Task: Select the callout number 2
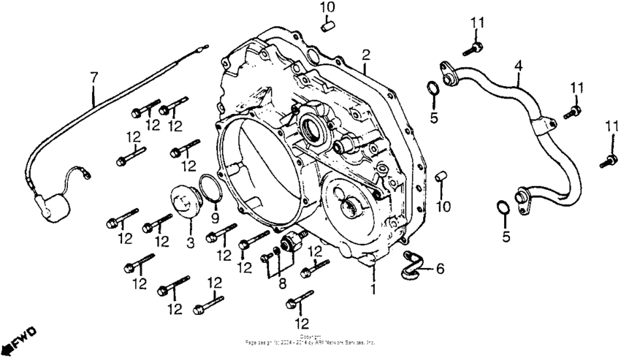[x=366, y=55]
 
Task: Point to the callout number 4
[x=517, y=66]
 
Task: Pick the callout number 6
[x=440, y=269]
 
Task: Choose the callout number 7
[x=93, y=77]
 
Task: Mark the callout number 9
[x=216, y=218]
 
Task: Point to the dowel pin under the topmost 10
[x=328, y=26]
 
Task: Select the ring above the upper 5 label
[x=433, y=90]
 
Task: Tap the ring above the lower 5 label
[x=502, y=209]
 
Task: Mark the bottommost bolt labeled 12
[x=300, y=301]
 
